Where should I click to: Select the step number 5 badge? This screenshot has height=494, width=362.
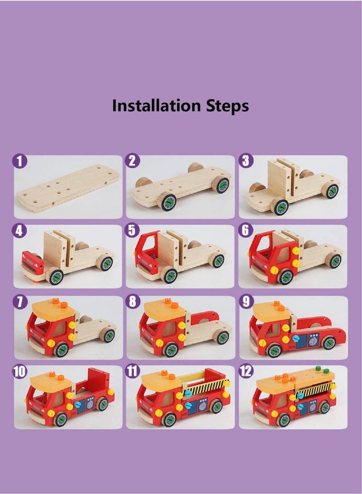coord(132,230)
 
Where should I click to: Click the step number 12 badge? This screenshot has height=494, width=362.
coord(246,371)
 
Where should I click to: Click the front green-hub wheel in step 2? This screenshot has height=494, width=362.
coord(167,201)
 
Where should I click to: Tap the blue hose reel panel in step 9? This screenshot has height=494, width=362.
coord(313,340)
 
